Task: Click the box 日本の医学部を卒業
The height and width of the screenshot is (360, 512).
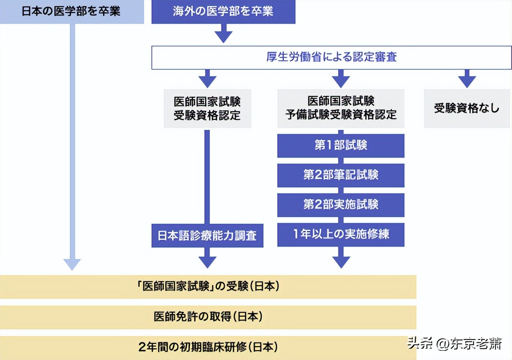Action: [72, 11]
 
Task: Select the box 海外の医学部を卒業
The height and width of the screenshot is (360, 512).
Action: [223, 11]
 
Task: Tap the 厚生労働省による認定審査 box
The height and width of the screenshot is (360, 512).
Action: [332, 57]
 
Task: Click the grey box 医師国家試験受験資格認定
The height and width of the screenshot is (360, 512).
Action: [207, 108]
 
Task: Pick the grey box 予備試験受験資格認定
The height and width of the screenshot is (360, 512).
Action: [341, 108]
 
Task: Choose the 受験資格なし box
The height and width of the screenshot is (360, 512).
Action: [467, 108]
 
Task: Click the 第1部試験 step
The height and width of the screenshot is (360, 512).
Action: [341, 146]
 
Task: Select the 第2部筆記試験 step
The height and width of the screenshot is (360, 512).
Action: [341, 175]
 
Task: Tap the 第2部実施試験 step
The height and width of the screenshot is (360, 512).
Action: [341, 205]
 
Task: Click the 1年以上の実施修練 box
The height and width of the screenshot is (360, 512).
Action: [341, 235]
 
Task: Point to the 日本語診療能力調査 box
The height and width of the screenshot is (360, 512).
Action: [207, 235]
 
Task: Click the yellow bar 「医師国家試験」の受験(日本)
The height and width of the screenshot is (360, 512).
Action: [208, 287]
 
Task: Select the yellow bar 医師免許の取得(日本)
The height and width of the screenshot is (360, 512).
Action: [208, 317]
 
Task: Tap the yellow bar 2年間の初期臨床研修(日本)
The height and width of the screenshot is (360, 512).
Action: [208, 347]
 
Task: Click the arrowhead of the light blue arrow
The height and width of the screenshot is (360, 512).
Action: [72, 264]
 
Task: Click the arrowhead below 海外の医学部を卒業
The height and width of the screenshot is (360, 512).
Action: [223, 36]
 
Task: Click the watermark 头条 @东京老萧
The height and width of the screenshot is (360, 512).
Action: [454, 344]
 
